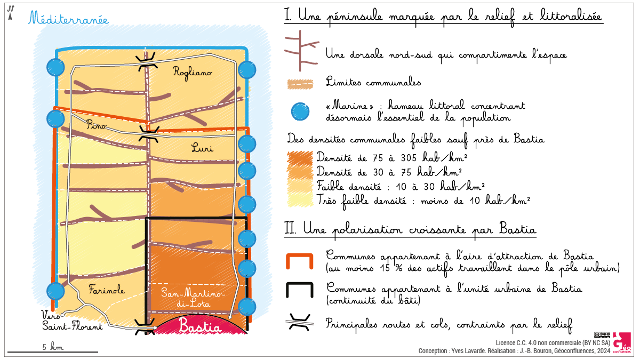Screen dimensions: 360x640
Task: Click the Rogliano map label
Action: [193, 73]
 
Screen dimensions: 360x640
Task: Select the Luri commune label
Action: [202, 148]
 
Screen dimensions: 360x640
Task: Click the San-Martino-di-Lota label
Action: [193, 298]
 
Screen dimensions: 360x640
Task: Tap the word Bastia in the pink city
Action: [200, 326]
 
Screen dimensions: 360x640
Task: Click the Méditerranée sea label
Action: [68, 20]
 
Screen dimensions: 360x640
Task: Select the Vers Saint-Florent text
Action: [72, 321]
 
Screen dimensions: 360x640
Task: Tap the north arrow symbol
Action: [10, 13]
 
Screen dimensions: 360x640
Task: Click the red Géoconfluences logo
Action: [621, 342]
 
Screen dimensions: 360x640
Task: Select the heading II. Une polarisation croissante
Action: [411, 230]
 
